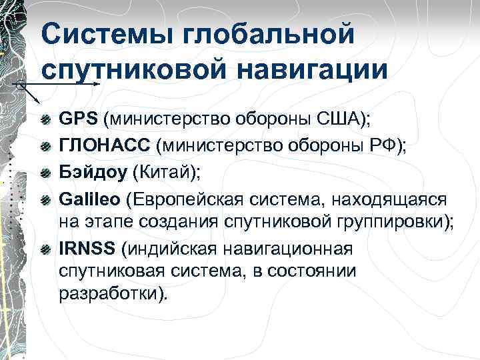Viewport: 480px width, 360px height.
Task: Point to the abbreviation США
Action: point(341,119)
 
